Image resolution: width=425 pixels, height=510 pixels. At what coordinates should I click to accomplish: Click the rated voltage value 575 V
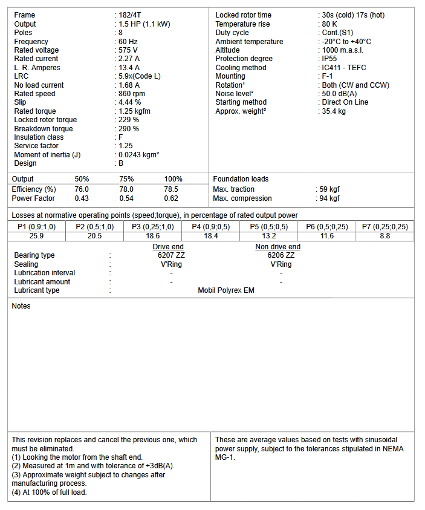[128, 50]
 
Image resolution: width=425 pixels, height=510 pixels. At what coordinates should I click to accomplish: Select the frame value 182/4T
[131, 15]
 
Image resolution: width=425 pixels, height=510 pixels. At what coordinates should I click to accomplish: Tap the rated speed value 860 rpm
[132, 94]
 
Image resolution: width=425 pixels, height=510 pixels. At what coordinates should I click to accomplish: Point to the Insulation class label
[39, 137]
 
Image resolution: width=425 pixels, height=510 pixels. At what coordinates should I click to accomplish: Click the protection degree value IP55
[331, 59]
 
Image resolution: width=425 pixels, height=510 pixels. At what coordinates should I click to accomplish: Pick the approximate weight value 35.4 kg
[334, 111]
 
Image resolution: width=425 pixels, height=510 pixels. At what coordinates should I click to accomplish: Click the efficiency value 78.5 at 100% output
[171, 189]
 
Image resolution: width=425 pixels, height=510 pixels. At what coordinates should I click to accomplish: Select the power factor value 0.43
[82, 198]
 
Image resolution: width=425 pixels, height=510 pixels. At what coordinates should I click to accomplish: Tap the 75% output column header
[127, 179]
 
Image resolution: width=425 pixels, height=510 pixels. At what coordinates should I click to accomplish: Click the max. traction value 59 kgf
[330, 189]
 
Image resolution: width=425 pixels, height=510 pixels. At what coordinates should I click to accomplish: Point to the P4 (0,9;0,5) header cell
[210, 227]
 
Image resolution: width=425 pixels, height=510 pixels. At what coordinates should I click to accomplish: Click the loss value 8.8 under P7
[384, 236]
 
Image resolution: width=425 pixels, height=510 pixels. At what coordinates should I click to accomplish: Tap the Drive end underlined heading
[168, 247]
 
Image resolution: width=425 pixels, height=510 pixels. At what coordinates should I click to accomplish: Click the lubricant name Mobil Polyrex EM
[226, 290]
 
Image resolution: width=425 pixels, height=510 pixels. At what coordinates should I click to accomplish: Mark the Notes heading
[21, 306]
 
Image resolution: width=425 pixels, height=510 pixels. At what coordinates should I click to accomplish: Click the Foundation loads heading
[241, 179]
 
